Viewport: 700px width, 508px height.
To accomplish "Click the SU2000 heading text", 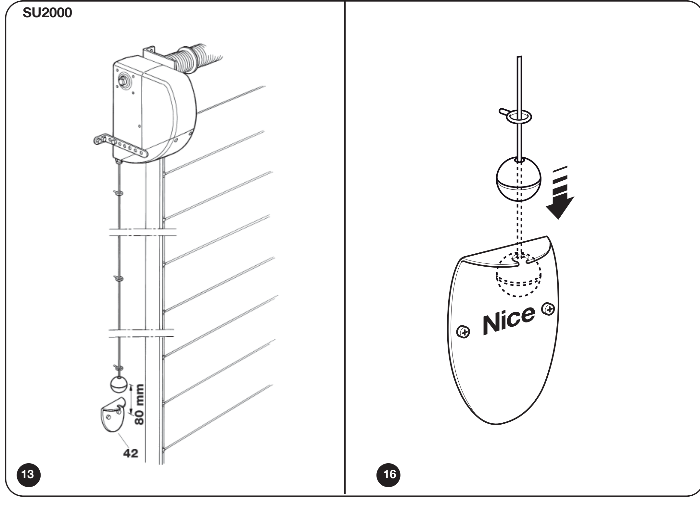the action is pos(47,13).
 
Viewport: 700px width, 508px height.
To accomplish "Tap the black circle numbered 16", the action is pos(389,475).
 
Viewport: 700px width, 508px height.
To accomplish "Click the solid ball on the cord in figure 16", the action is pos(519,179).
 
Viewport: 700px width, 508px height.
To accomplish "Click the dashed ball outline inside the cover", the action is pos(518,275).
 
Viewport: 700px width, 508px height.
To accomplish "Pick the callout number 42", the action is pos(131,453).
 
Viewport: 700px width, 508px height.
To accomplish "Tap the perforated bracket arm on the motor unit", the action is pos(121,146).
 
